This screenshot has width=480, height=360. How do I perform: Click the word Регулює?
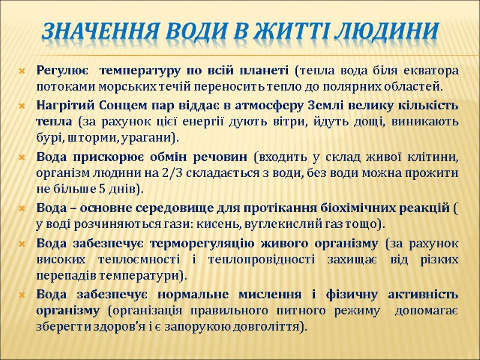click(x=62, y=71)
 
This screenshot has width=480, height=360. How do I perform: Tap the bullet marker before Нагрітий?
click(x=22, y=106)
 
